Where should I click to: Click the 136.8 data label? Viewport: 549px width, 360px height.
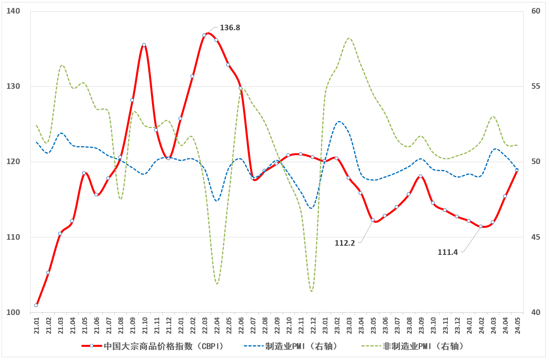point(230,28)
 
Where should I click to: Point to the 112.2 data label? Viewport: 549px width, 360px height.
point(345,243)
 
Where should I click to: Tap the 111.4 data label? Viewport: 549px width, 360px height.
point(448,252)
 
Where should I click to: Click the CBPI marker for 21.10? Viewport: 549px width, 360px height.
point(144,45)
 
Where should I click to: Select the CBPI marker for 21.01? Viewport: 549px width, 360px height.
point(36,305)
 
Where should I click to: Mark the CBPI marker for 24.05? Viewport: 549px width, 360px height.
point(517,170)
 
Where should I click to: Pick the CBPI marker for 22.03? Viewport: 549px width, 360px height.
point(204,35)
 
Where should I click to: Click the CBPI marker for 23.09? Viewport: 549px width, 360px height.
point(421,176)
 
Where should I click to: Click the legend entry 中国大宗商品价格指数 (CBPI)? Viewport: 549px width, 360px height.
point(163,346)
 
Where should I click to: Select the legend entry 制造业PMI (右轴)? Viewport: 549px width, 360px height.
point(301,346)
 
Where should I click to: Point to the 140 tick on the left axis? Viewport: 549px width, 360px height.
point(13,11)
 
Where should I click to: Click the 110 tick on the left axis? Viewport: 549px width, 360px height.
point(13,237)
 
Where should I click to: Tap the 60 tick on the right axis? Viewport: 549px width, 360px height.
point(536,11)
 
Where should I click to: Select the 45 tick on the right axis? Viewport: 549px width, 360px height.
point(536,237)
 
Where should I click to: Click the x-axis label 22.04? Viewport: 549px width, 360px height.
point(217,325)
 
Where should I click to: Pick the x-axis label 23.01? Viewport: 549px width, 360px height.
point(325,325)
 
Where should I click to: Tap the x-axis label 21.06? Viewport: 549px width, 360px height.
point(96,325)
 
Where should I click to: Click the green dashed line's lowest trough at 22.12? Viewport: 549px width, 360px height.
point(312,291)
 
